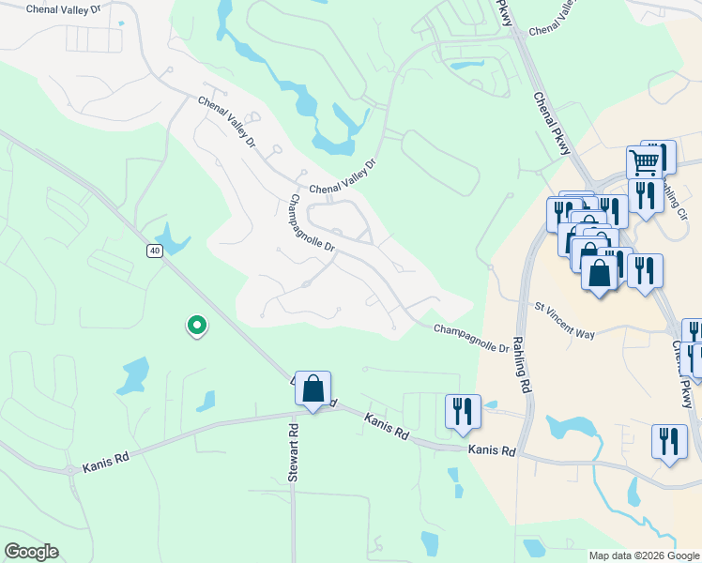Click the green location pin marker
197,325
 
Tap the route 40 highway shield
154,250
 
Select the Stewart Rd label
293,454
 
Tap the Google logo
31,552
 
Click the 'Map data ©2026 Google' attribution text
644,555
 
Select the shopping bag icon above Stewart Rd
313,388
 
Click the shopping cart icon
644,162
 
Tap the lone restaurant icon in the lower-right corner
668,442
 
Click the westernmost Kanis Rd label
103,464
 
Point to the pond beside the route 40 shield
173,239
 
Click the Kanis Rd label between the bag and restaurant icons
388,428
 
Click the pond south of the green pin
135,374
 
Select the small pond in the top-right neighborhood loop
466,66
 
